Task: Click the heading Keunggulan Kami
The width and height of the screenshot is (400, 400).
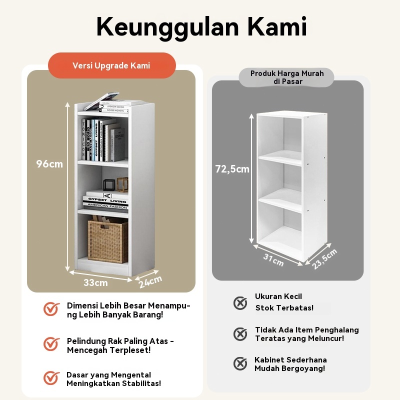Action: pyautogui.click(x=201, y=26)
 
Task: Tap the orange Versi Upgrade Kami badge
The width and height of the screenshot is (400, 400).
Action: pyautogui.click(x=111, y=65)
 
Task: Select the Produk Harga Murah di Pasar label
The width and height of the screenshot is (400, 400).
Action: pyautogui.click(x=287, y=77)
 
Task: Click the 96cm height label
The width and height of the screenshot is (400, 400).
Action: pyautogui.click(x=49, y=164)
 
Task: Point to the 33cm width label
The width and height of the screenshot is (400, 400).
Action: pyautogui.click(x=95, y=282)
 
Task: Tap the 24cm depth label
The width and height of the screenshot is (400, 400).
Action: pyautogui.click(x=150, y=281)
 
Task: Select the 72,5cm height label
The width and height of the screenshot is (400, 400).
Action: pyautogui.click(x=232, y=169)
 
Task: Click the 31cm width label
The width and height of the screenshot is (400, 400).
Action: pyautogui.click(x=273, y=259)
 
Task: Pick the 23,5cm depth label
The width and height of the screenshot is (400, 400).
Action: pyautogui.click(x=325, y=258)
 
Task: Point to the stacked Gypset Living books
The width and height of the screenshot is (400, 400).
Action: pyautogui.click(x=105, y=201)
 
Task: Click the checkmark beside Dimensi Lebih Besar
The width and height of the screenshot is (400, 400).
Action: pyautogui.click(x=51, y=309)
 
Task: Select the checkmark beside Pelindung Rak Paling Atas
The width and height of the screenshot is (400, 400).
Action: pyautogui.click(x=51, y=344)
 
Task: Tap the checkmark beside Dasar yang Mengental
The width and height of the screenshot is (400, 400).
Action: pyautogui.click(x=51, y=377)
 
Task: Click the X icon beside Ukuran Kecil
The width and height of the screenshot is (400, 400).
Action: pyautogui.click(x=240, y=302)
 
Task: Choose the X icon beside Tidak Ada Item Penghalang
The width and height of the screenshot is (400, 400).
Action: pyautogui.click(x=240, y=334)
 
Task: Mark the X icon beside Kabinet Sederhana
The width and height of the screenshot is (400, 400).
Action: pyautogui.click(x=240, y=363)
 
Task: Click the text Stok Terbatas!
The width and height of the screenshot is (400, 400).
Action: pyautogui.click(x=284, y=308)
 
